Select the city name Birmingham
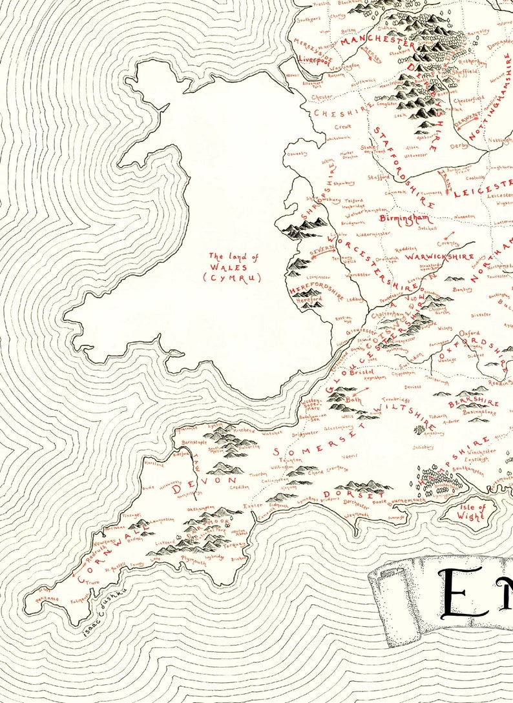404,219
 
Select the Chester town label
322,97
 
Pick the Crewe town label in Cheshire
343,127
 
